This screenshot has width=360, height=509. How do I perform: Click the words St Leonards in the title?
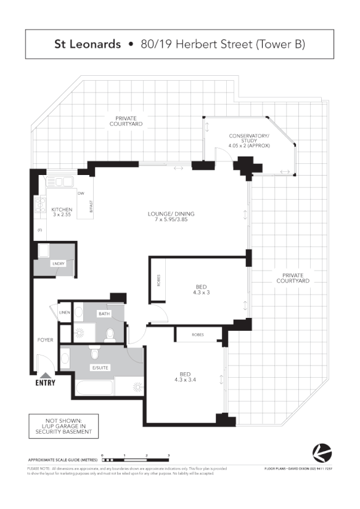coord(86,44)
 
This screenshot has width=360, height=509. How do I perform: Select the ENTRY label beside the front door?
coord(45,383)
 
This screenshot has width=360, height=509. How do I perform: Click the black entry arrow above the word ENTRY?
coord(45,374)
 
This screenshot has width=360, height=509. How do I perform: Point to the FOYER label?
coord(45,340)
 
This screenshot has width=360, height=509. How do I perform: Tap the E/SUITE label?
coord(99,368)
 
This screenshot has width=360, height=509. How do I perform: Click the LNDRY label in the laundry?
coord(59,264)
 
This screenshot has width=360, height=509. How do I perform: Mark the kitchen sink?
coord(60,182)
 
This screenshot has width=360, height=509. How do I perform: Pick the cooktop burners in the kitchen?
coord(40,204)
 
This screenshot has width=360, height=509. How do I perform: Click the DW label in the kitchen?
coord(81,193)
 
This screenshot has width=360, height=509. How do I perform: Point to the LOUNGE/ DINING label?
coord(171,217)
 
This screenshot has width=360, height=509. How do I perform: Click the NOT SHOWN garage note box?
coord(63,426)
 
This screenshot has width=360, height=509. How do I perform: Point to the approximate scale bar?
coord(136,460)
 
